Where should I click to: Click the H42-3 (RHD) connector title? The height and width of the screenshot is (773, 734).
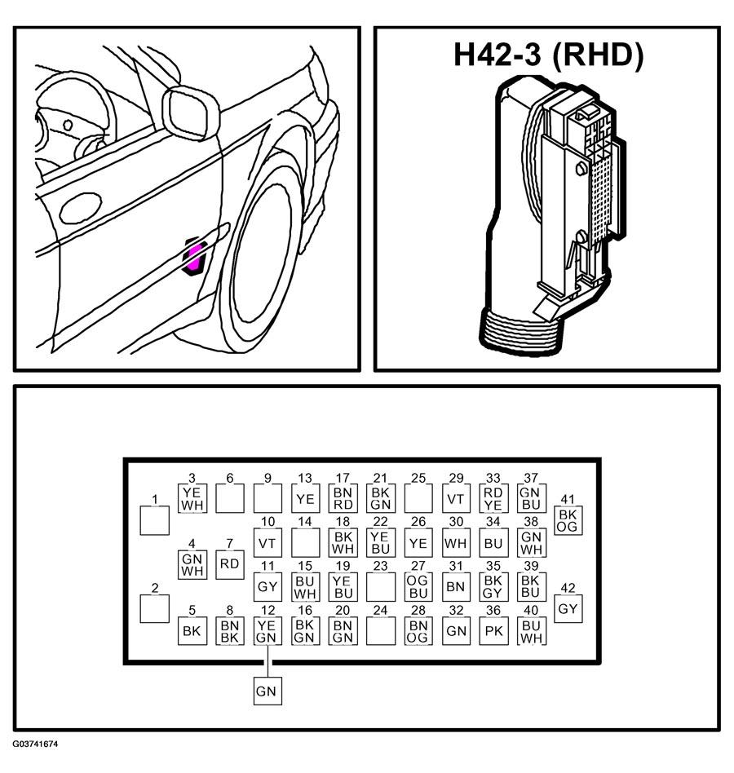[548, 55]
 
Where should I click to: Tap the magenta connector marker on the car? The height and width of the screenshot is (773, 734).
[194, 257]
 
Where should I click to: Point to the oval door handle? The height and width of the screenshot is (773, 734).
[81, 209]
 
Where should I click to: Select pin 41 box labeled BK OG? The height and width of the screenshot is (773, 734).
[568, 520]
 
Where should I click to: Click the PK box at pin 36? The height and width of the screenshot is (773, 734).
[493, 631]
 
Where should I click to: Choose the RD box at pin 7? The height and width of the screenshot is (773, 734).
[230, 564]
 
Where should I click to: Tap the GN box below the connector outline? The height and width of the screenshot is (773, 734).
[268, 691]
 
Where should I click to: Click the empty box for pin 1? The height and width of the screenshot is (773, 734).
[155, 520]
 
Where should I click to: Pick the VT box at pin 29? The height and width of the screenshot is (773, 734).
[456, 499]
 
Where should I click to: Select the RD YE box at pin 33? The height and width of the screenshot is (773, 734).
[493, 499]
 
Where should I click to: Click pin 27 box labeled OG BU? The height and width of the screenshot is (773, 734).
[418, 586]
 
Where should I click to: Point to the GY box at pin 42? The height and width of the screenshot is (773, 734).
[568, 609]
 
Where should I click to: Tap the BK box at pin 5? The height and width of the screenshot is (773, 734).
[192, 631]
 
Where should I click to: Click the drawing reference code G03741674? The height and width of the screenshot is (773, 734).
[36, 744]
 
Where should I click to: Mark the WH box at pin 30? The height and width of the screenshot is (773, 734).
[456, 543]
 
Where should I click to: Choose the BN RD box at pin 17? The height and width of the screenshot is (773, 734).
[343, 499]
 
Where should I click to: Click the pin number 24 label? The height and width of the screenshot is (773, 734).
[381, 610]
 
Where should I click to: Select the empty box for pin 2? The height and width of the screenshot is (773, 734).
[155, 609]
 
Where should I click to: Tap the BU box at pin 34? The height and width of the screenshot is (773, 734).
[493, 543]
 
